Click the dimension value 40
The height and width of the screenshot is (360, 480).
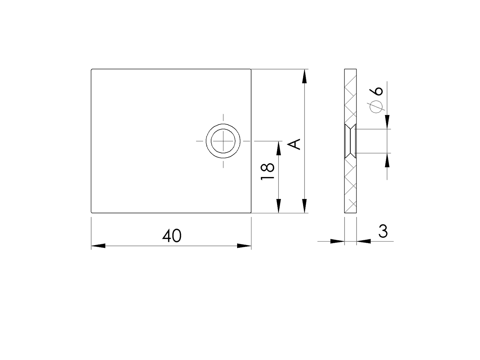(172, 236)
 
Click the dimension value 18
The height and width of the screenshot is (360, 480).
(268, 171)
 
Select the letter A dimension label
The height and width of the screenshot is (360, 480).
(294, 144)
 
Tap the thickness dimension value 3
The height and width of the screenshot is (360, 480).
(383, 231)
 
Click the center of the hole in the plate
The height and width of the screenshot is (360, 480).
(223, 141)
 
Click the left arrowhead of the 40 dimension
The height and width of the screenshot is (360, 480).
(98, 246)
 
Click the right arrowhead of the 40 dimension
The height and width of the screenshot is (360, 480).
(244, 246)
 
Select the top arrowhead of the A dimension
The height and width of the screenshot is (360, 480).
(305, 76)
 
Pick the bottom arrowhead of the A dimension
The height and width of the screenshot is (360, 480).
(305, 206)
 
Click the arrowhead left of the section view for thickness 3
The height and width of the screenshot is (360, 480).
(337, 241)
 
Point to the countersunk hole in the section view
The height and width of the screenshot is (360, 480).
(350, 141)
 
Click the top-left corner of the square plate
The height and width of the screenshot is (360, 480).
(91, 69)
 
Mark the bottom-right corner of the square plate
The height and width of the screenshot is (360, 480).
(251, 213)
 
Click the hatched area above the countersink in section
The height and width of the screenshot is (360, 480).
(350, 97)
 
